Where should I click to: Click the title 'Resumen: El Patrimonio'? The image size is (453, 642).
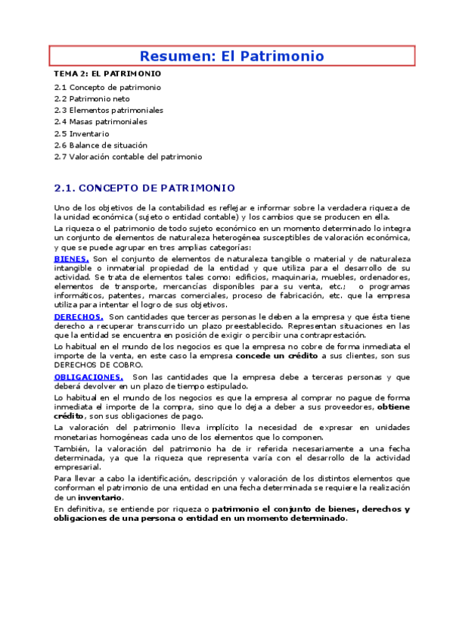point(231,56)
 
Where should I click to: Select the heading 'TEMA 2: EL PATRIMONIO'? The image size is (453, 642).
point(107,75)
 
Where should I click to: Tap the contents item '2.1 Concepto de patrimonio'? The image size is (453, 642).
point(107,87)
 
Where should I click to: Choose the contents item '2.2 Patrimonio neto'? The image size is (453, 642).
point(92,98)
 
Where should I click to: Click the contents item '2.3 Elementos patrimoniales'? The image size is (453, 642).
point(108,110)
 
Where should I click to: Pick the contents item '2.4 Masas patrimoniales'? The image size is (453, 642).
point(101,121)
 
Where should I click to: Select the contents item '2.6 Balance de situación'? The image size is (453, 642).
point(101,145)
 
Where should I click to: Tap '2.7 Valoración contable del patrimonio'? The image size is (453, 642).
point(128,157)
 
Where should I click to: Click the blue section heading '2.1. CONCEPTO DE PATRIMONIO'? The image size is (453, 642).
point(144,188)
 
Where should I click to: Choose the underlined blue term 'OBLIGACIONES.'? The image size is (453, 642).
point(88,376)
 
